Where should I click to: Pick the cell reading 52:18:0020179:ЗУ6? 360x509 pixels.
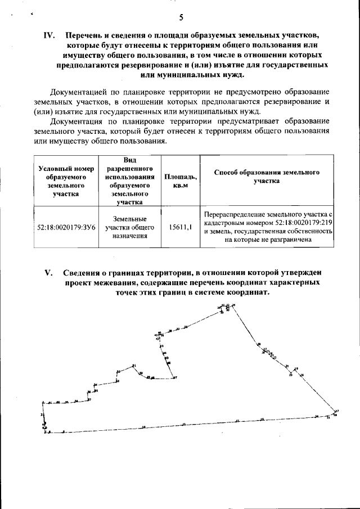(65, 228)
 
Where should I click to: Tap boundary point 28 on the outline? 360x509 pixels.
(259, 344)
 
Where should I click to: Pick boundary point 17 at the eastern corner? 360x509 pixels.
(336, 411)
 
